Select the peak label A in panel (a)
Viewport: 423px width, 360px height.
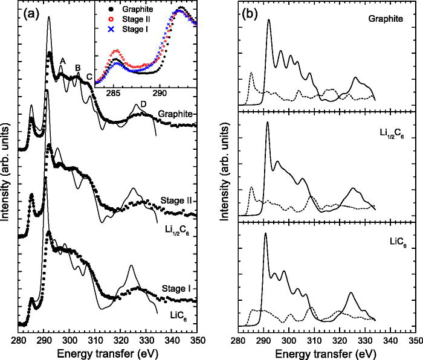(x=62, y=60)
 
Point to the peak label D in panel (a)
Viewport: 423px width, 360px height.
(x=143, y=103)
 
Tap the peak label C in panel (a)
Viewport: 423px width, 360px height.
(x=90, y=76)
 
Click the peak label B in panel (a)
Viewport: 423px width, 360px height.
(x=77, y=68)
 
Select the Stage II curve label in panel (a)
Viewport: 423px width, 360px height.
(x=178, y=199)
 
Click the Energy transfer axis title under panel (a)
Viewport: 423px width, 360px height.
(x=109, y=353)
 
